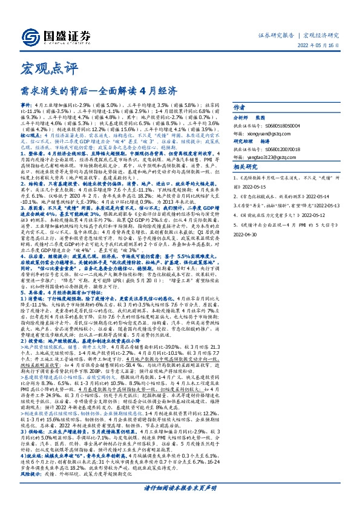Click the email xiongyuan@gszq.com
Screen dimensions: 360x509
(276, 135)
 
